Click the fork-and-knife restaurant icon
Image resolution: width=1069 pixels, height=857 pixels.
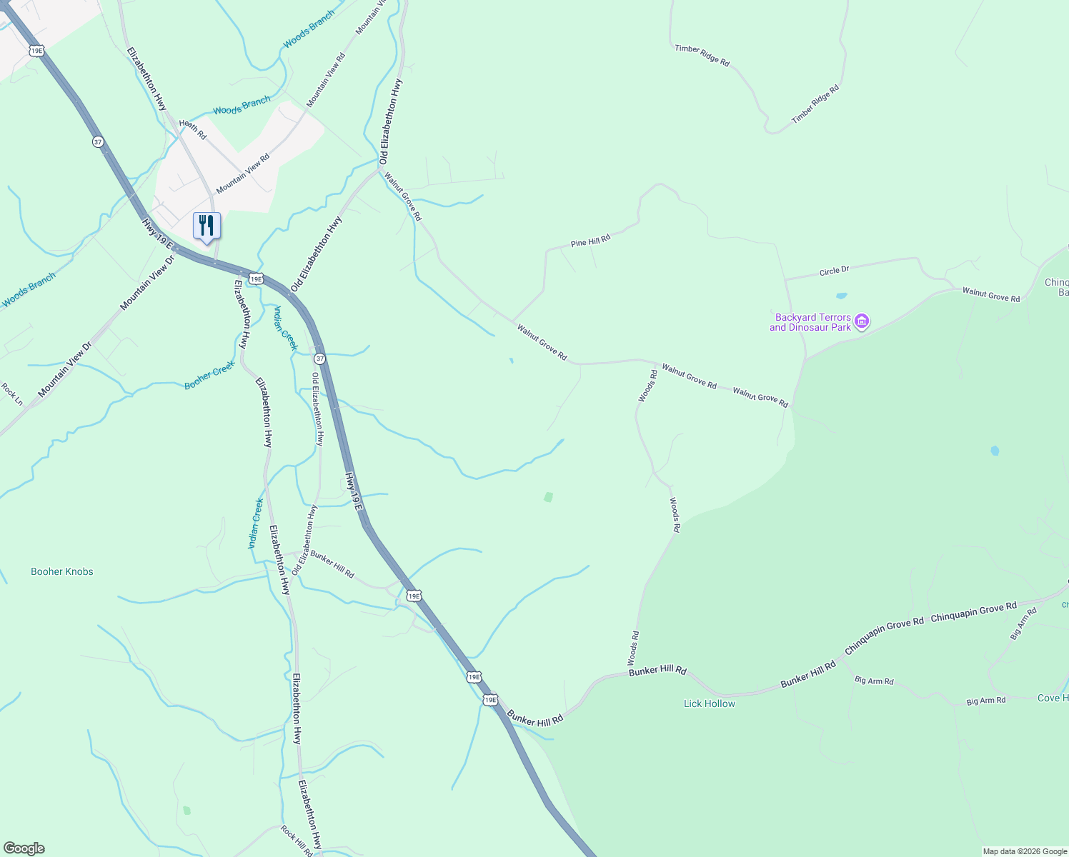[207, 226]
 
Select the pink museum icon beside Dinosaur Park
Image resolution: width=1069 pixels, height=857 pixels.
[862, 322]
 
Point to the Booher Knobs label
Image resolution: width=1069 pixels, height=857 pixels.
[62, 571]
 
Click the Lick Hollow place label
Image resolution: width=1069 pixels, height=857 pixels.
[709, 703]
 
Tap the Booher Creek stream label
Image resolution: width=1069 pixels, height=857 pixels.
[209, 375]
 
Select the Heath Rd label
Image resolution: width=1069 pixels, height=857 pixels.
[192, 129]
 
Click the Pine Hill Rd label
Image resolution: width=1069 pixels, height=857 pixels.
[590, 241]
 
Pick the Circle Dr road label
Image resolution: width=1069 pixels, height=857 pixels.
[834, 271]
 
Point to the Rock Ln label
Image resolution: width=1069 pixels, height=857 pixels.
[12, 394]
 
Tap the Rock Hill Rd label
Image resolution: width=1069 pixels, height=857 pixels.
[297, 841]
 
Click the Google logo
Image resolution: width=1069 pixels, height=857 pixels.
[24, 848]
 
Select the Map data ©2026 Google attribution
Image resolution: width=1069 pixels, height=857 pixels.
[1025, 851]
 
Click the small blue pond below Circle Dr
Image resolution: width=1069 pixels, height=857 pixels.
[841, 295]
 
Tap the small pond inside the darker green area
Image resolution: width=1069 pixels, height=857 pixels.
[995, 451]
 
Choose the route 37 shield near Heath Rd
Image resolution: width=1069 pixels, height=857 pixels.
[98, 141]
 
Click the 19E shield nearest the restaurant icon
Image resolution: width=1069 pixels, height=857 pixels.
[255, 278]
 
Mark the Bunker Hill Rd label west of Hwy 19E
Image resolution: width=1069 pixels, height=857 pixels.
[332, 563]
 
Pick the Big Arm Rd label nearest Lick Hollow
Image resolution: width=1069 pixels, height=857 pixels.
[874, 681]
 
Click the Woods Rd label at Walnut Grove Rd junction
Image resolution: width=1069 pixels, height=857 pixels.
[647, 386]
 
